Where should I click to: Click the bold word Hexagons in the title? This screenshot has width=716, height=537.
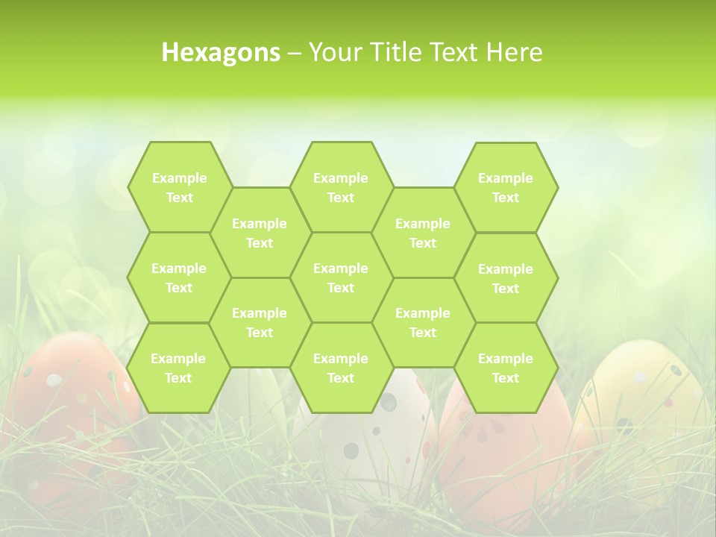[x=221, y=52]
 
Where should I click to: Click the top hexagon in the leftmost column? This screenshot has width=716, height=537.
[x=179, y=187]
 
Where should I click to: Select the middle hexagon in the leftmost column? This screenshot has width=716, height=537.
[x=179, y=277]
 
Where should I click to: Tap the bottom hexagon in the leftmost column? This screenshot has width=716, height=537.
[x=178, y=368]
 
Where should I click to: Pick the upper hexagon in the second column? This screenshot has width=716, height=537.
[x=260, y=233]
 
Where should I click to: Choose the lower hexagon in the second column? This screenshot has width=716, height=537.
[x=260, y=322]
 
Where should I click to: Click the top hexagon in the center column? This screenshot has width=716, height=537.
[x=341, y=187]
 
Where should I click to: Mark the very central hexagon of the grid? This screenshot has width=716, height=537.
[x=341, y=277]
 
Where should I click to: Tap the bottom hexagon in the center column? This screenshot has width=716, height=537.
[x=341, y=368]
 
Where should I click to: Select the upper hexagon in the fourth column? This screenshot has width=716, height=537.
[x=423, y=233]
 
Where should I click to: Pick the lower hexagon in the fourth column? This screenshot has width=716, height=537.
[x=423, y=322]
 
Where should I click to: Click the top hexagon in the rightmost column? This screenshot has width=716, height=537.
[x=506, y=187]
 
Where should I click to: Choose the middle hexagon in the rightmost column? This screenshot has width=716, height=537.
[x=506, y=278]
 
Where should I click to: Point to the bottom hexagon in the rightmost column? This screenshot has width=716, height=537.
[x=506, y=368]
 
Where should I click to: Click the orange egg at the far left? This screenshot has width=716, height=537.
[x=67, y=403]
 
